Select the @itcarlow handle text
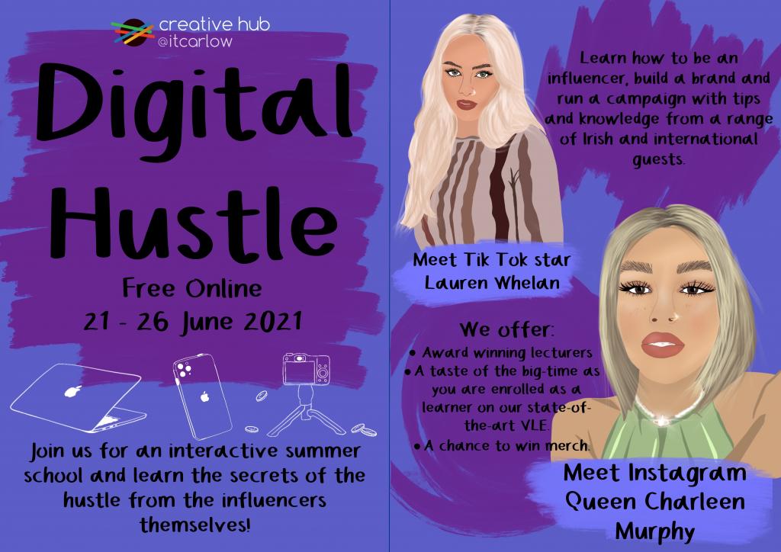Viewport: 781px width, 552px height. pos(194,41)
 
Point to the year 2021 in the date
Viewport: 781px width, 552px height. pos(273,322)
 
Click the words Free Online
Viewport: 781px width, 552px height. pos(192,288)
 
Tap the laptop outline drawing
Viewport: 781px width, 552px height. pos(76,398)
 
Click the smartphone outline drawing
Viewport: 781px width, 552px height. pos(202,396)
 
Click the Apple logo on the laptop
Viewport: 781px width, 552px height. pos(72,390)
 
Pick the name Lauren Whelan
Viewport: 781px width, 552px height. pos(492,283)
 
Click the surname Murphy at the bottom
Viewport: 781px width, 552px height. pos(654,531)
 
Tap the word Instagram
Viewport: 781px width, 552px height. pos(687,473)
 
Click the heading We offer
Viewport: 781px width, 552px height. pos(506,329)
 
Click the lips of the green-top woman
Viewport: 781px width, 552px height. pos(662,345)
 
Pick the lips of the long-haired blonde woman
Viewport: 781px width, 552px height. pos(467,104)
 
